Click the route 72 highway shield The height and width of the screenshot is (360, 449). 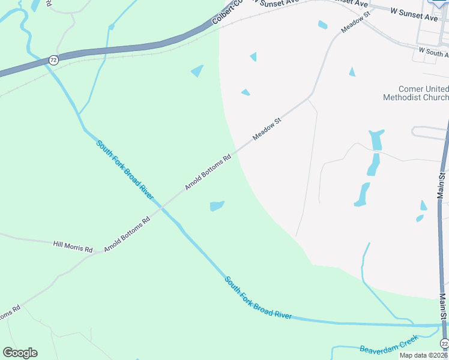coord(53,60)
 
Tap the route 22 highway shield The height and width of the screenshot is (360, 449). coord(444,343)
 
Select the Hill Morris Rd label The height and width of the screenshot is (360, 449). coord(73,246)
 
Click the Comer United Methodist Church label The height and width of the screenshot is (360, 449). coord(415,93)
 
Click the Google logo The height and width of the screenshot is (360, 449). coord(20,353)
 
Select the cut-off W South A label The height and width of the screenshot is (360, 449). coord(433,52)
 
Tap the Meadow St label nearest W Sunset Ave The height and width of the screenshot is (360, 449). coord(355,21)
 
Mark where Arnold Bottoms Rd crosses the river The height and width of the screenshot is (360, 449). coord(161,207)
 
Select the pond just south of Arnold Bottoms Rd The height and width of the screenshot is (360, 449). coord(217,206)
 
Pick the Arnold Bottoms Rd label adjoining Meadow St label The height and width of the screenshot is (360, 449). coord(208,173)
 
